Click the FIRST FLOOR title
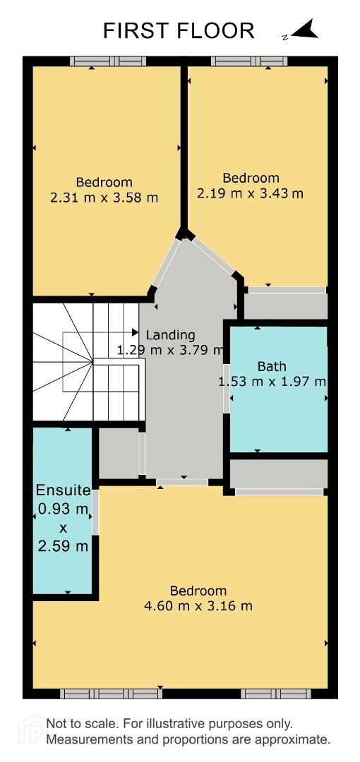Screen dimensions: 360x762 point(179,30)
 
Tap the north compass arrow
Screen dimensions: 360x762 point(304,30)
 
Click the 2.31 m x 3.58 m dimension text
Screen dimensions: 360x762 point(104,198)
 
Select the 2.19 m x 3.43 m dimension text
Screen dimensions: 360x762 point(250,193)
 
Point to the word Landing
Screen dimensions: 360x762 point(170,335)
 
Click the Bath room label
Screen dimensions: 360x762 point(272,367)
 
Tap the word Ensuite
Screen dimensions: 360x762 point(64,490)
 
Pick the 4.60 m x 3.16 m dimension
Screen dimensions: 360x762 point(198,606)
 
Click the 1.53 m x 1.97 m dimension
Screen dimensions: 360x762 point(272,382)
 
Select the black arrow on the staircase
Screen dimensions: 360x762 point(135,332)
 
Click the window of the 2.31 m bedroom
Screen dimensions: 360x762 point(107,61)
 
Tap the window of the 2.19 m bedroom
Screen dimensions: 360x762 point(251,61)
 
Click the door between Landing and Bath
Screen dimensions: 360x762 point(227,388)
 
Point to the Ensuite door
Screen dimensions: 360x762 point(95,511)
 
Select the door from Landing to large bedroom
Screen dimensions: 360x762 point(182,482)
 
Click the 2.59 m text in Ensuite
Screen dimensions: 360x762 point(64,546)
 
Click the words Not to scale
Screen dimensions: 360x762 point(83,724)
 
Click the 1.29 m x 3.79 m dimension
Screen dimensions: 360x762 point(170,350)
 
